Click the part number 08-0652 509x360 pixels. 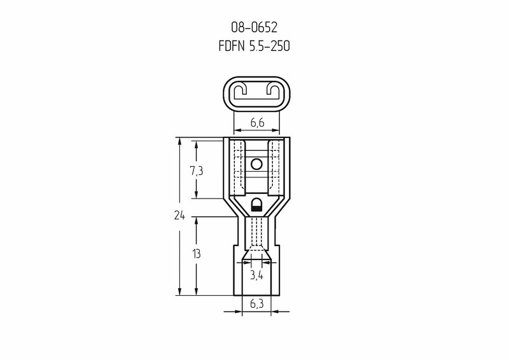pos(254,27)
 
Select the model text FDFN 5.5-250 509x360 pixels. pos(254,46)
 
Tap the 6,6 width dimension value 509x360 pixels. pos(257,123)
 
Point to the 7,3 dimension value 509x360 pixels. pos(197,170)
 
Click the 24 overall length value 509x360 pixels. pos(179,215)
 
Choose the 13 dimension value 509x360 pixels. pos(196,254)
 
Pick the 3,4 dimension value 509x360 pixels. pos(256,275)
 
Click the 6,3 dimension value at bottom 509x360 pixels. pos(256,304)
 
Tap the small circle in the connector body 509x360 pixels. pos(256,165)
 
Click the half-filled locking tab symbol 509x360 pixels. pos(256,205)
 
